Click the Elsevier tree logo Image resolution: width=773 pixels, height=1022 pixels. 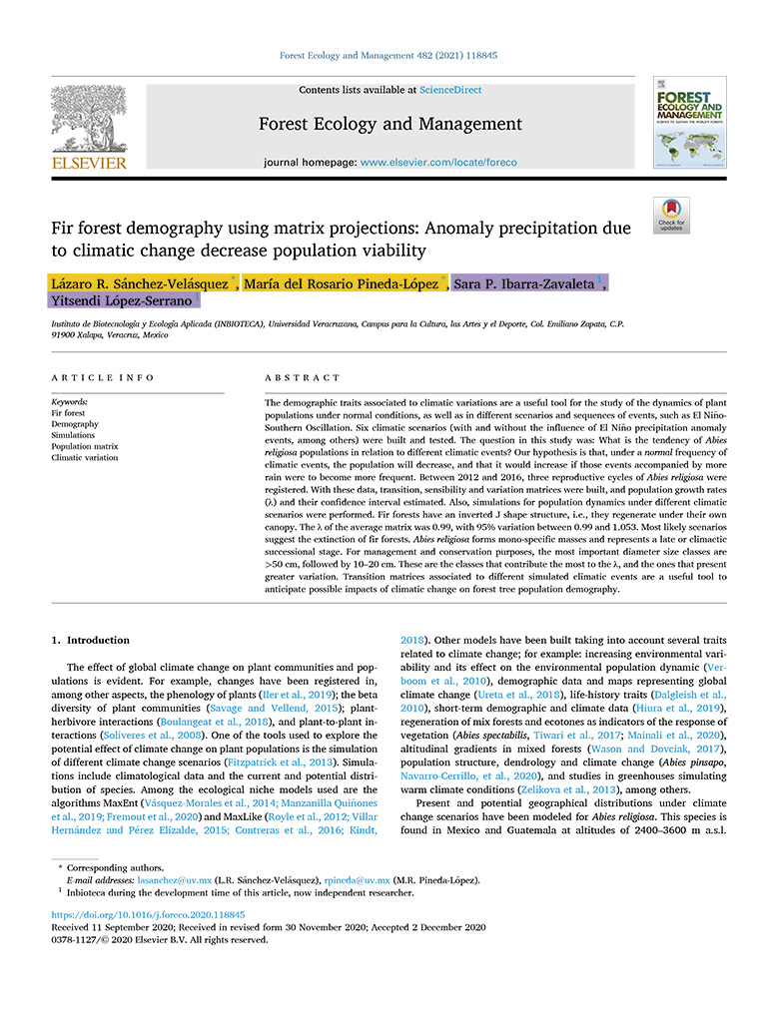click(89, 118)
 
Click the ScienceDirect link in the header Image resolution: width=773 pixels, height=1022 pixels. click(450, 90)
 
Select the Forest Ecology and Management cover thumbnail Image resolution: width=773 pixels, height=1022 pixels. click(689, 123)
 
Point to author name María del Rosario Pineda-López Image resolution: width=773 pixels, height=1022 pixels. click(342, 284)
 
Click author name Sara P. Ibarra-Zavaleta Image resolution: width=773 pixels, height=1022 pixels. click(524, 284)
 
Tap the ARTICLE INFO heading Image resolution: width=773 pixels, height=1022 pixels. click(103, 378)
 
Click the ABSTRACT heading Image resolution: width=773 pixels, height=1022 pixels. click(303, 378)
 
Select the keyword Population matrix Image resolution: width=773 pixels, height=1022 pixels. click(85, 446)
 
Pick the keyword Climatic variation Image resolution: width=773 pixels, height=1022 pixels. click(85, 457)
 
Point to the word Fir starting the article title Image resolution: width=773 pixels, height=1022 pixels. click(63, 228)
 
